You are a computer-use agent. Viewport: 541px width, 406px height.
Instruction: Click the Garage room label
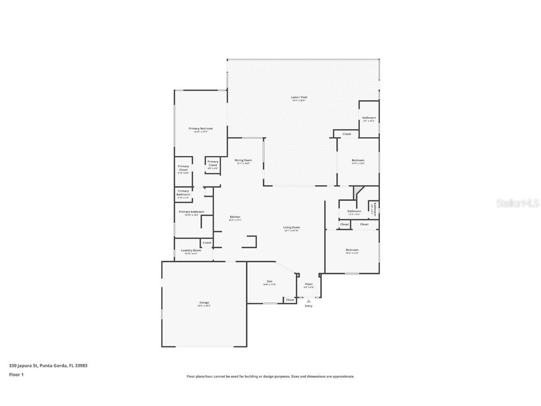(204, 303)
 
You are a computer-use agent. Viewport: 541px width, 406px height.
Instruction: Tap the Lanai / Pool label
(299, 98)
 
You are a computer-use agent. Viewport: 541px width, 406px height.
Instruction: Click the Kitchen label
(235, 218)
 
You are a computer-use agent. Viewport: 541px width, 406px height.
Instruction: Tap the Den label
(269, 282)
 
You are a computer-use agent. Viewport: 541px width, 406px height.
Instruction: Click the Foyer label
(309, 285)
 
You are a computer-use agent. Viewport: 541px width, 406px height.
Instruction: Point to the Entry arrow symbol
(309, 301)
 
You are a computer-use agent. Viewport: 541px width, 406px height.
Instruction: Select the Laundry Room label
(191, 251)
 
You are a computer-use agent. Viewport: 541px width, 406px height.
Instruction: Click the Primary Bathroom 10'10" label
(192, 212)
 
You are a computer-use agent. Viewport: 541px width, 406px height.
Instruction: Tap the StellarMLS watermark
(514, 203)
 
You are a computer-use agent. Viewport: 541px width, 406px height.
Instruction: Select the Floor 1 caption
(16, 375)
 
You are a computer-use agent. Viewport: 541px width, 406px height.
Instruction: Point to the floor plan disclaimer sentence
(270, 376)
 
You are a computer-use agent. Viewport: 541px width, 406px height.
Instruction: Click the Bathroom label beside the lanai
(369, 118)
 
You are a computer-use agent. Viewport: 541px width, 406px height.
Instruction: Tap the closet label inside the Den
(290, 300)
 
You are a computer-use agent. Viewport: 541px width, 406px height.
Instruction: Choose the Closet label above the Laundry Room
(207, 243)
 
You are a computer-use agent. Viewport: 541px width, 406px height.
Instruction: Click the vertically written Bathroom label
(374, 208)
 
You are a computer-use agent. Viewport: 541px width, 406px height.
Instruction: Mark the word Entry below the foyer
(309, 306)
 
